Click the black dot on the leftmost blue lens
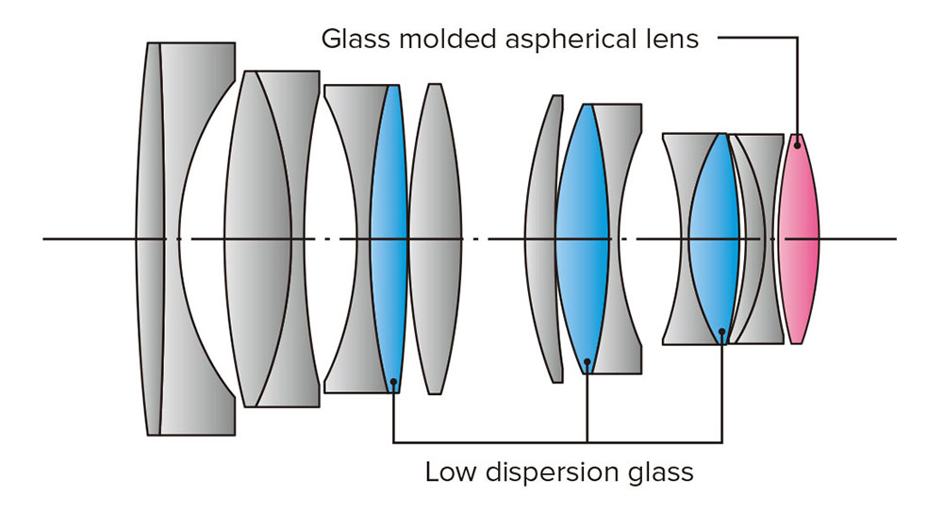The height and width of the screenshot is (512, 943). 393,382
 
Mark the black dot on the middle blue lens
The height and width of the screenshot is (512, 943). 587,361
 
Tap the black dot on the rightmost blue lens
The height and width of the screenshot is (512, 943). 721,331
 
